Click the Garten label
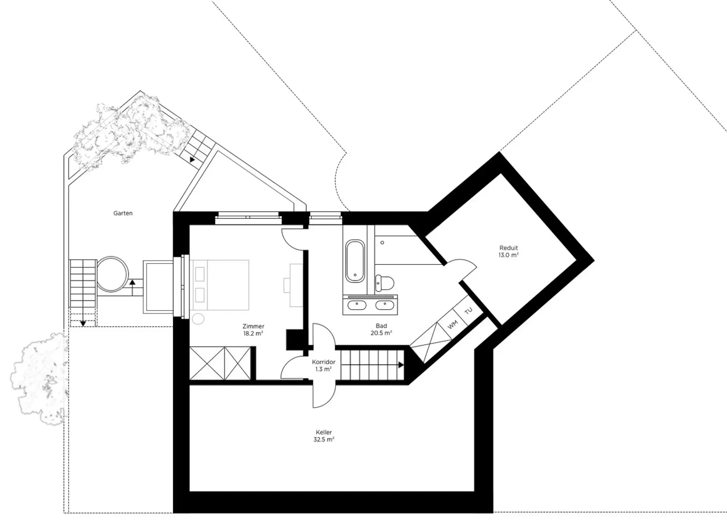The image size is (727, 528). (x=123, y=213)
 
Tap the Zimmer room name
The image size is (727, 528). (x=253, y=326)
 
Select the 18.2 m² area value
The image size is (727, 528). (x=253, y=333)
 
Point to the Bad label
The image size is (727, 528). (x=381, y=326)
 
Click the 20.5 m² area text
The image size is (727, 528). (x=381, y=333)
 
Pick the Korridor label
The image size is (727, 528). (x=324, y=362)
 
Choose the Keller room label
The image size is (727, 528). (x=324, y=432)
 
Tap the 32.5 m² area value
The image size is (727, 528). (x=324, y=439)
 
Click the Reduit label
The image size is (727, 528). (x=509, y=248)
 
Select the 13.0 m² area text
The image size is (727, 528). (x=509, y=255)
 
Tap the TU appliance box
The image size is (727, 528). (x=469, y=311)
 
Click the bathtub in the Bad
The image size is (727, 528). (x=355, y=261)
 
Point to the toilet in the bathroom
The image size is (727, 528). (x=384, y=283)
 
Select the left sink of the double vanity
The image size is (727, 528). (x=357, y=305)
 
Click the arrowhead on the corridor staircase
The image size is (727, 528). (x=401, y=365)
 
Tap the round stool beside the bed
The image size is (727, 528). (x=198, y=319)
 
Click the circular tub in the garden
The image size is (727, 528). (x=112, y=274)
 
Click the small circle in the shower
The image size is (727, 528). (x=382, y=242)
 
